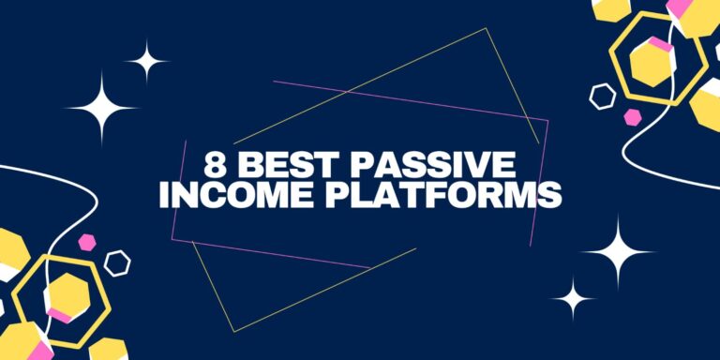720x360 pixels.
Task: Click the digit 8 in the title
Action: click(x=216, y=167)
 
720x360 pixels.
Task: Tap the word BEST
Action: click(x=279, y=167)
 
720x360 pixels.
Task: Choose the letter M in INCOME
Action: click(x=259, y=196)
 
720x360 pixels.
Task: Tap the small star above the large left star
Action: click(x=145, y=63)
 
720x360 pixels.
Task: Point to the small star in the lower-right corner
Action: click(x=573, y=299)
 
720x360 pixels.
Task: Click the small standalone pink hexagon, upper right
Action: click(x=634, y=117)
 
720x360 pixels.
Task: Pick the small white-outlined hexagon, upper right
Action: click(x=602, y=96)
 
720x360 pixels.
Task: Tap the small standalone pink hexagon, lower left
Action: click(x=87, y=242)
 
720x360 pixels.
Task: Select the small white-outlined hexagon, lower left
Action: click(x=117, y=262)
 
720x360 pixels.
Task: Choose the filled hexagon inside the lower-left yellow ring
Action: click(x=67, y=297)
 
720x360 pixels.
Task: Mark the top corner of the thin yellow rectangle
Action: click(x=486, y=28)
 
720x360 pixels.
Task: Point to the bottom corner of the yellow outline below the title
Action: click(x=233, y=331)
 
